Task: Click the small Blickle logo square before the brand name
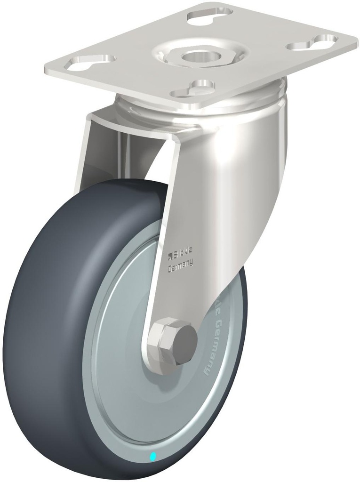coord(171,256)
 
